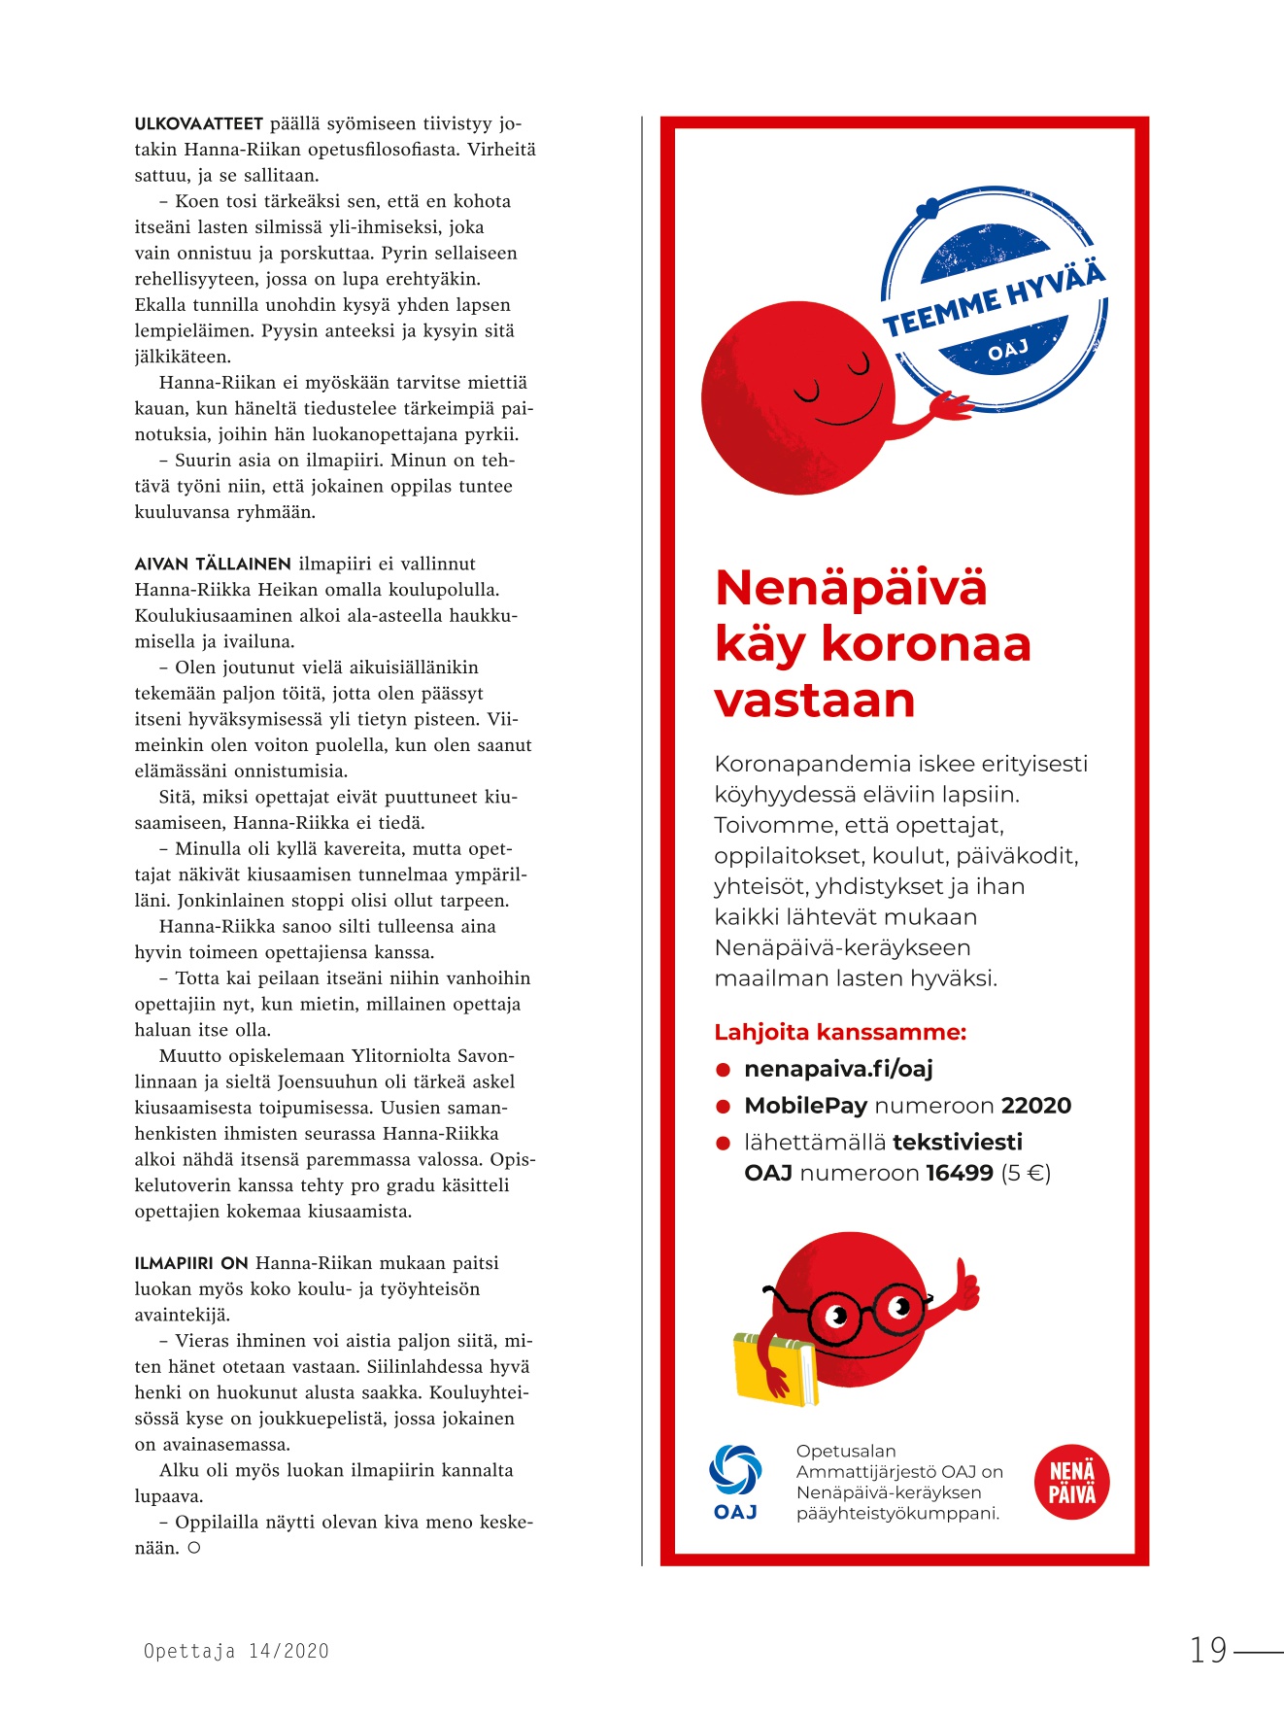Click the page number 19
(1209, 1650)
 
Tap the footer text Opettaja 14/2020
(236, 1651)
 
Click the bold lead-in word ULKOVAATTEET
(198, 124)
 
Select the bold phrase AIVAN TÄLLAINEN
(213, 564)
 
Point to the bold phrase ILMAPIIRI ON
(191, 1263)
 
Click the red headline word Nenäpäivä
(851, 588)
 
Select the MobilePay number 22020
(1036, 1106)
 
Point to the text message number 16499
(960, 1173)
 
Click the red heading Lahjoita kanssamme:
(840, 1032)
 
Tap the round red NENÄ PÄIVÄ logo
(1071, 1482)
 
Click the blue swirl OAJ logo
(735, 1470)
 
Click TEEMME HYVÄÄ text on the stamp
(993, 299)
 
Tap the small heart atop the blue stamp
(929, 207)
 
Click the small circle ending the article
(194, 1548)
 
